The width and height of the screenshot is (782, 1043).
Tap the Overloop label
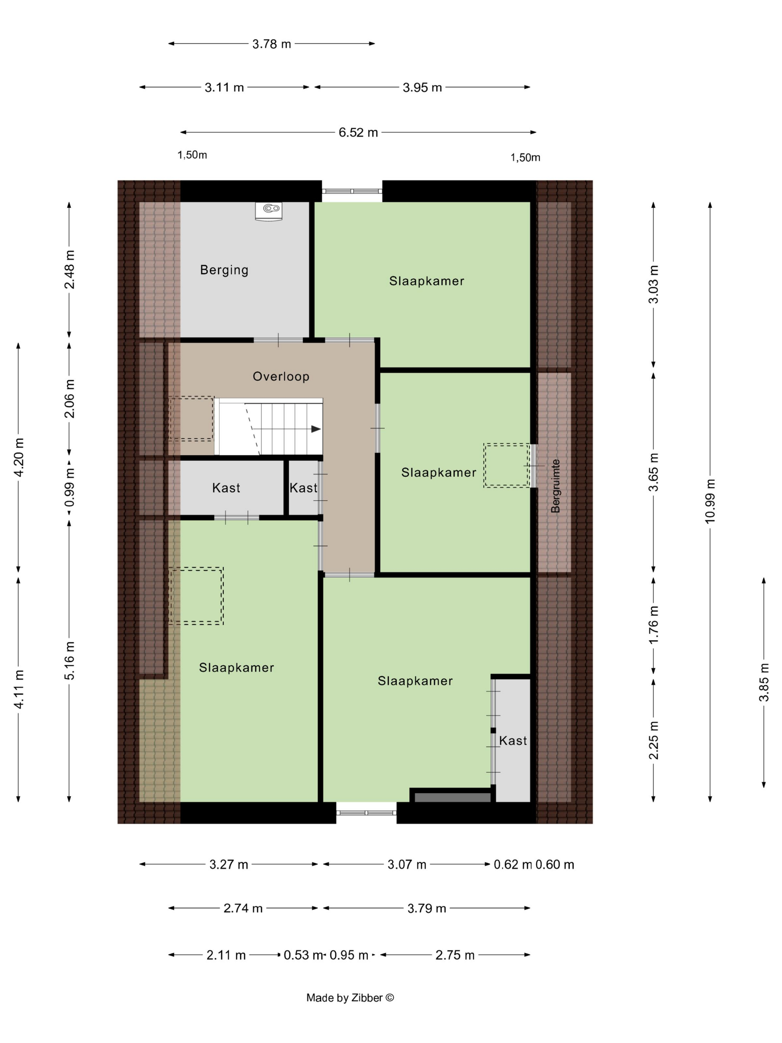281,376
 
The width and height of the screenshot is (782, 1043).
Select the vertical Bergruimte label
555,486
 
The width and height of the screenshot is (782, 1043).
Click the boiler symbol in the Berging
269,211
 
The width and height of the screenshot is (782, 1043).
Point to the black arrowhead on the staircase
316,429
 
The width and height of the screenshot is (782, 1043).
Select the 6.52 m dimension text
358,133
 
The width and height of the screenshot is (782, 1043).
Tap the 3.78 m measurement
271,44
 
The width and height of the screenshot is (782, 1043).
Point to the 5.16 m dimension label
69,660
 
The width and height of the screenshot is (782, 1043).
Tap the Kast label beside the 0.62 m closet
513,741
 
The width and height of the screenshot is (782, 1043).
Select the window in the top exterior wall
352,191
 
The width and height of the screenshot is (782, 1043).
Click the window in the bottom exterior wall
366,812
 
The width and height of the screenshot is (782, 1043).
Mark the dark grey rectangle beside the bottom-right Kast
452,798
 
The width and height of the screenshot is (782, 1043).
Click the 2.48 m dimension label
69,269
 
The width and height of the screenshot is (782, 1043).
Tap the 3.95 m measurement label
422,87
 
